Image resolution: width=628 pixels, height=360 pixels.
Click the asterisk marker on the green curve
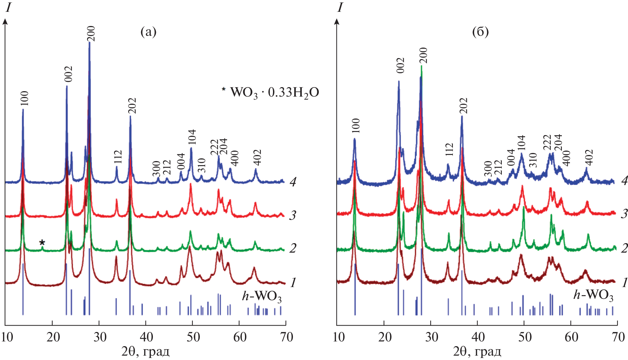[42, 242]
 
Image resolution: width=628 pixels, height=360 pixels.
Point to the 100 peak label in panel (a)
[25, 98]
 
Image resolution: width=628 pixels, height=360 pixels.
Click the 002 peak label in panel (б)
[401, 65]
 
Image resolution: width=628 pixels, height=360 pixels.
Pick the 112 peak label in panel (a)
[118, 157]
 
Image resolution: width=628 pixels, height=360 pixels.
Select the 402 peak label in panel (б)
[589, 157]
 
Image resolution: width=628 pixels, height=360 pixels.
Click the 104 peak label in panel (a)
[192, 137]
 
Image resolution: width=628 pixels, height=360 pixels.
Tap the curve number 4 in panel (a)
[293, 182]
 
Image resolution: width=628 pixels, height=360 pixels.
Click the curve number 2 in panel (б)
[624, 249]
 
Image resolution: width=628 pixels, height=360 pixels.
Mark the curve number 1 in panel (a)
[293, 282]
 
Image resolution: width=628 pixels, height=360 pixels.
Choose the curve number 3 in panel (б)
[624, 214]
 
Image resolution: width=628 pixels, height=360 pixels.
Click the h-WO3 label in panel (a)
[262, 297]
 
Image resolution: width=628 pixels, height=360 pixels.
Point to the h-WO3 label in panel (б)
[593, 296]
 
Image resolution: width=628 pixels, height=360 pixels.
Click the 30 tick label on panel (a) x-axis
[100, 337]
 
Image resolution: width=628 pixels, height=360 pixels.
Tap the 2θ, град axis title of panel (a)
[145, 352]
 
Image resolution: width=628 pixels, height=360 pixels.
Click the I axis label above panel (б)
[340, 7]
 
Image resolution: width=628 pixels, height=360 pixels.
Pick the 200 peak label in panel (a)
[91, 33]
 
